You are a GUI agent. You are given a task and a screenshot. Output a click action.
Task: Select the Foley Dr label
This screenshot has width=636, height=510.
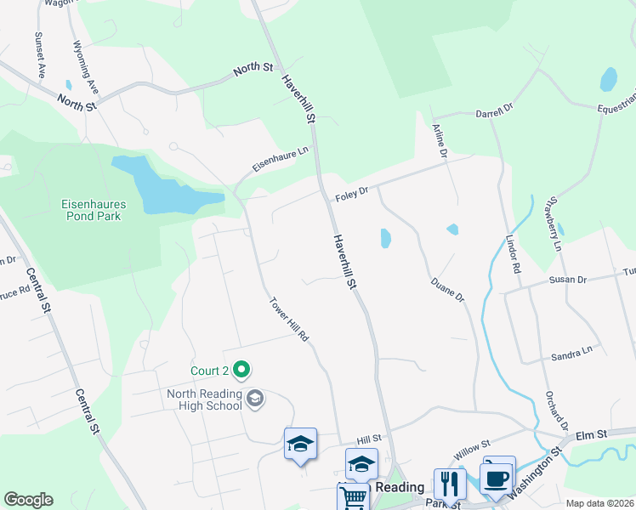click(351, 193)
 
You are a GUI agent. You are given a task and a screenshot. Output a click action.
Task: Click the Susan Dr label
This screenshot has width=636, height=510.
click(569, 280)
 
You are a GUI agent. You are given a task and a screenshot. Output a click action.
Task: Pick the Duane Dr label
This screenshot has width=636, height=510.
click(447, 289)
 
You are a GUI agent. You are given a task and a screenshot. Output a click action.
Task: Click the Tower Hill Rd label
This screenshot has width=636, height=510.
click(288, 320)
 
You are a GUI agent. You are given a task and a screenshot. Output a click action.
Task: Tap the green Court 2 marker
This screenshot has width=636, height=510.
click(241, 370)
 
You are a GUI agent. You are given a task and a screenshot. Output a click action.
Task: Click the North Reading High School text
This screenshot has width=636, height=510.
click(204, 399)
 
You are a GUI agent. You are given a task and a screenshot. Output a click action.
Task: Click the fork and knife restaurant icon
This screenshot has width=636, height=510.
click(449, 484)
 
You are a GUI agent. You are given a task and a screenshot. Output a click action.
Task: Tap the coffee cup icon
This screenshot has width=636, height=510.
click(497, 477)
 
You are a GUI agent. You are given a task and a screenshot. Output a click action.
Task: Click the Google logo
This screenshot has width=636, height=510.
click(28, 500)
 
